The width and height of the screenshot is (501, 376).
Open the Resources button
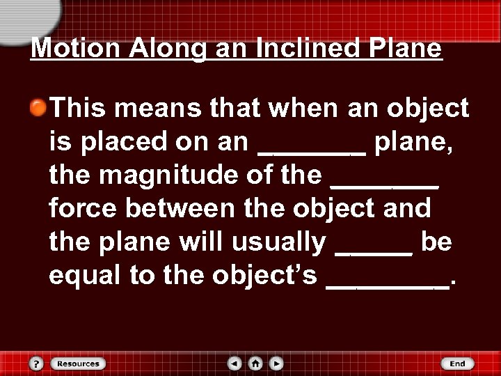78,363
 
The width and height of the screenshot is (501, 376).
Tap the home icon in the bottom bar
255,363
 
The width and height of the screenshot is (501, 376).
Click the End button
457,363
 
